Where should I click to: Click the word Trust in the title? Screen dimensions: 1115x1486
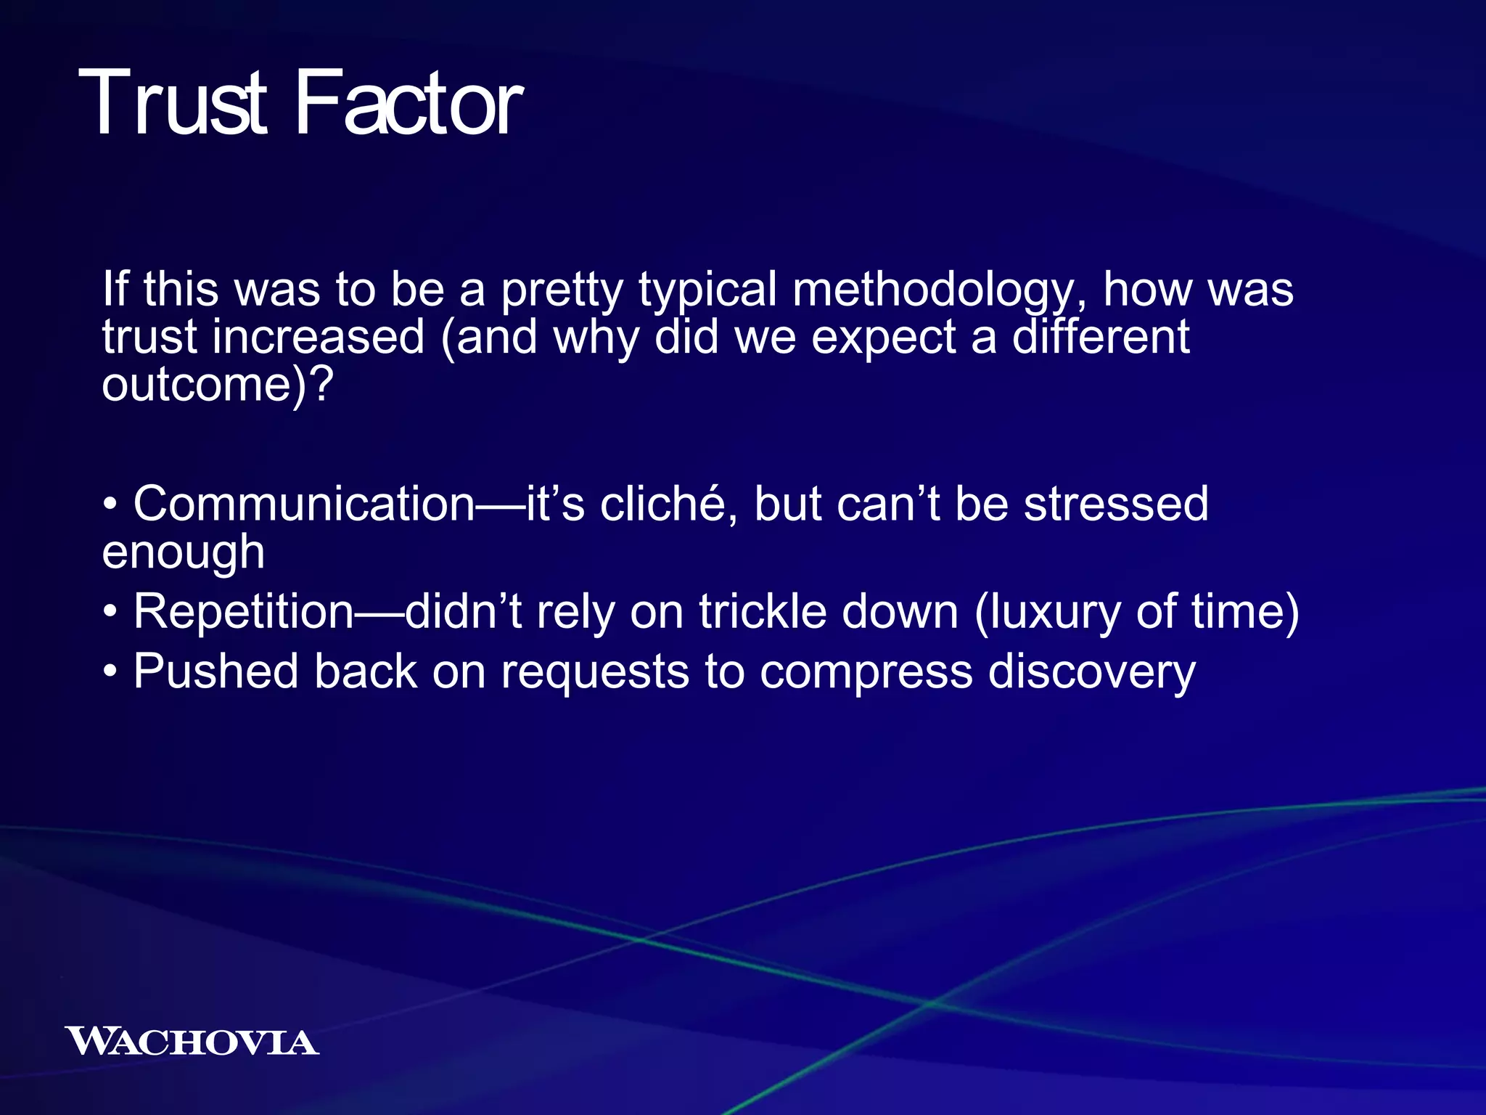pos(173,103)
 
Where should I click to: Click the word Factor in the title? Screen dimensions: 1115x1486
pos(408,103)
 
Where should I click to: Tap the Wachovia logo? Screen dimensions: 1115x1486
pos(192,1042)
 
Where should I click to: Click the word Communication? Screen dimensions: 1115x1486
pos(303,504)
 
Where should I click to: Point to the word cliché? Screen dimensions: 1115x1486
pos(662,504)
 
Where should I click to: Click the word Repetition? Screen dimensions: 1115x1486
pos(243,611)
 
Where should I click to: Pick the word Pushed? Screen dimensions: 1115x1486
pos(215,671)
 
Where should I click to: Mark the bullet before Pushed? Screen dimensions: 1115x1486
pos(110,672)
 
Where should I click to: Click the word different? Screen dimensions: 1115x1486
pos(1100,337)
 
